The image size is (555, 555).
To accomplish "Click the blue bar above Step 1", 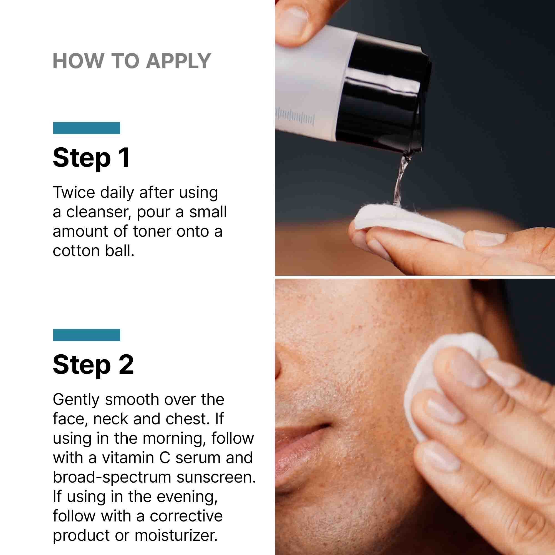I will pyautogui.click(x=87, y=128).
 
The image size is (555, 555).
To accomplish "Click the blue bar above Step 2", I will pyautogui.click(x=87, y=335).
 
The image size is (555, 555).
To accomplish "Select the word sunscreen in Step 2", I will pyautogui.click(x=216, y=477).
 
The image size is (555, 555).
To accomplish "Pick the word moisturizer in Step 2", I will pyautogui.click(x=176, y=536).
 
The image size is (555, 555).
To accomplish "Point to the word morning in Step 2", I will pyautogui.click(x=174, y=438).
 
